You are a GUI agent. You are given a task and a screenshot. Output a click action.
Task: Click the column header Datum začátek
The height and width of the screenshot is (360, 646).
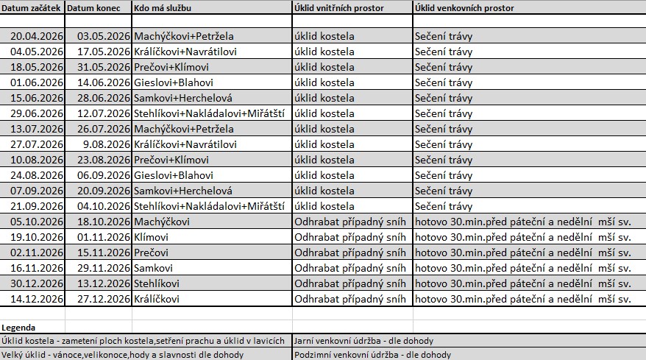(x=32, y=7)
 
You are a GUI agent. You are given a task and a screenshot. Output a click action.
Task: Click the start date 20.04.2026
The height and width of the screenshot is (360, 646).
(x=38, y=35)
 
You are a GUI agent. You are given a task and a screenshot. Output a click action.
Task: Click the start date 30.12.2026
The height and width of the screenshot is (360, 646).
(x=38, y=284)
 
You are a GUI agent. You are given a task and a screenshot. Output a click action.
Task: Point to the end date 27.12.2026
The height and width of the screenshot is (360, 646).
(x=103, y=299)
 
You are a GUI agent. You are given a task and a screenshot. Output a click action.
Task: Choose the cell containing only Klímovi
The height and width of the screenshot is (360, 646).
(x=152, y=237)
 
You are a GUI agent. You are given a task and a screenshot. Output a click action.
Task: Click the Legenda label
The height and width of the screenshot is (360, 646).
(x=18, y=327)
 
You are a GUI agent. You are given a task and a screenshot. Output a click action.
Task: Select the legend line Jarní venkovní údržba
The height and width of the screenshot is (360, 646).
(x=363, y=341)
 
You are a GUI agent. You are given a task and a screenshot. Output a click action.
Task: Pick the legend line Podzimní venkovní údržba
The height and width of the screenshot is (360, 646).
(x=372, y=354)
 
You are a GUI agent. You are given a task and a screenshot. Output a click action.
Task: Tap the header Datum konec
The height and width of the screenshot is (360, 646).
(x=98, y=7)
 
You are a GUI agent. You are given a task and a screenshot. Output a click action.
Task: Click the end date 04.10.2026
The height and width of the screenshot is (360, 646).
(x=103, y=205)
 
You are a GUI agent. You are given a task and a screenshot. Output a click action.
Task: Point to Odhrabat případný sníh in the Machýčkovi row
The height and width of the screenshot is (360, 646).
(x=349, y=222)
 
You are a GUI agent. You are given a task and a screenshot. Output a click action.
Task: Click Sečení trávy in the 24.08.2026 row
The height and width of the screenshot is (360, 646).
(x=443, y=174)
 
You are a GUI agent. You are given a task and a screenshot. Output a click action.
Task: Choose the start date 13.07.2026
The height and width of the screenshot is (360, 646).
(x=38, y=130)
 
